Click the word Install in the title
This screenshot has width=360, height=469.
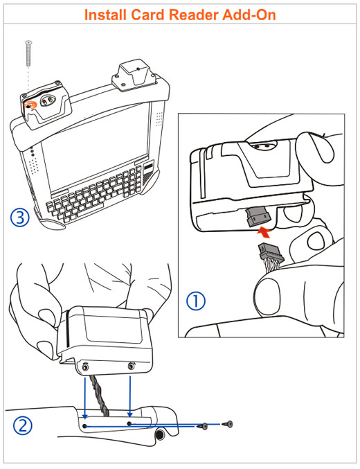coord(105,15)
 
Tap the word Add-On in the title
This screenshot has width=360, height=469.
coord(249,15)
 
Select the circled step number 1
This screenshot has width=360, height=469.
coord(196,301)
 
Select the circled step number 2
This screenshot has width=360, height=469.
coord(23,426)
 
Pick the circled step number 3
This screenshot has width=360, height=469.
coord(20,217)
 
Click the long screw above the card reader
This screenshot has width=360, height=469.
coord(28,53)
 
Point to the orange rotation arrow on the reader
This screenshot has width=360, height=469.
coord(30,105)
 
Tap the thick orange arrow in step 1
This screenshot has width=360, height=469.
coord(264,233)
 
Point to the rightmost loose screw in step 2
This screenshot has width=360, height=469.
coord(227,424)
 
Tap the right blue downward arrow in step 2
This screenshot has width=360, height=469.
coord(129,396)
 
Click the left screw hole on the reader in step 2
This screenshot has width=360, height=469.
coord(85,366)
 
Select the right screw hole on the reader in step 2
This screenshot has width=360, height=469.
coord(131,366)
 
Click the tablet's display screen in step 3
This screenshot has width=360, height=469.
coord(95,149)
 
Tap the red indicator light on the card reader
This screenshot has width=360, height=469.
coord(44,103)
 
